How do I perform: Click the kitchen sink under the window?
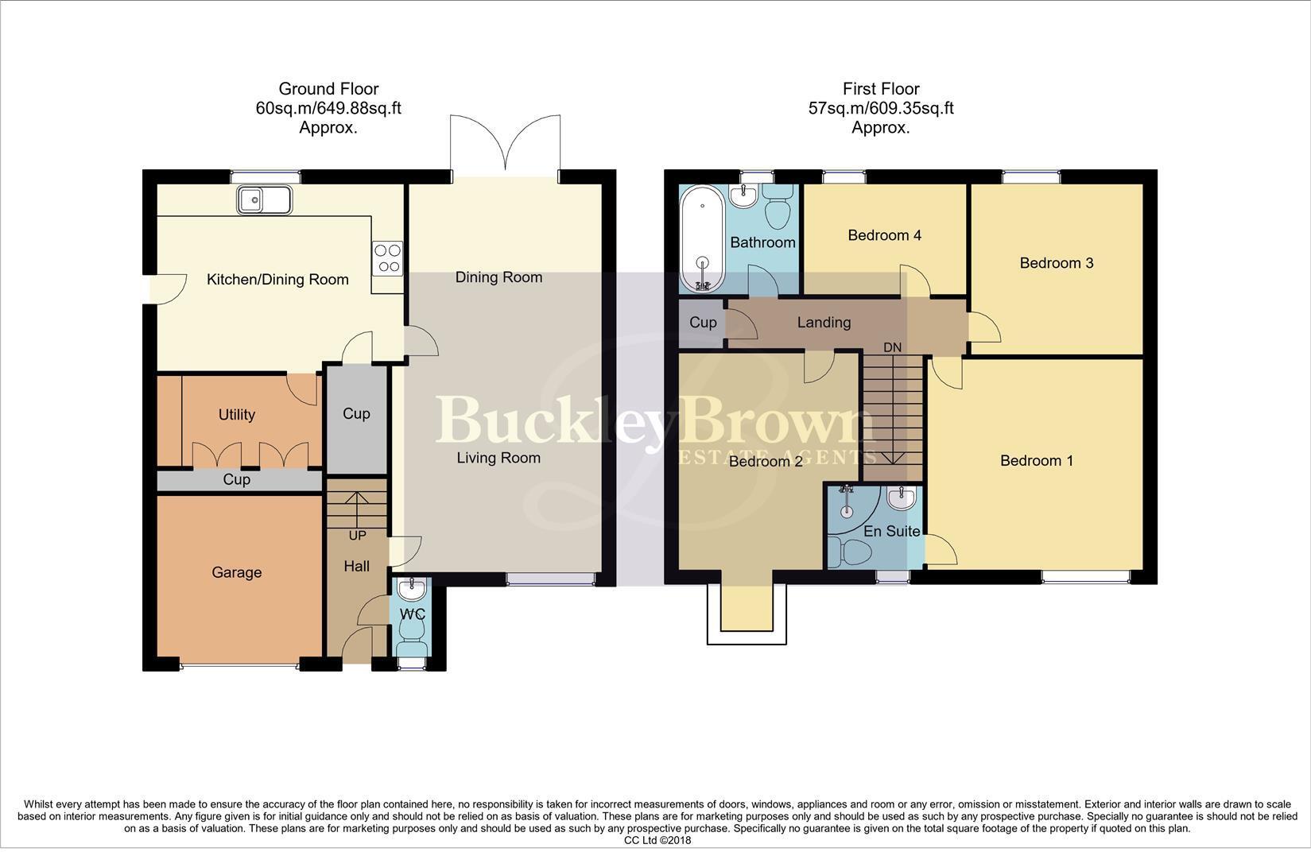(x=264, y=199)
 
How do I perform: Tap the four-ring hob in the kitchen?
(x=387, y=258)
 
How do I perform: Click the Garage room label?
(x=237, y=572)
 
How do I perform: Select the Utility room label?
(x=237, y=414)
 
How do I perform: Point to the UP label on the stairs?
(x=357, y=536)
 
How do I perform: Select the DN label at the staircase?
(x=893, y=347)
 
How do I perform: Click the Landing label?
(x=824, y=322)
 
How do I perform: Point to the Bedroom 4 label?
(x=884, y=235)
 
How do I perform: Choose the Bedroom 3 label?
(x=1057, y=263)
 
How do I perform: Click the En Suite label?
(x=891, y=531)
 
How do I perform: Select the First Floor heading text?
(x=881, y=89)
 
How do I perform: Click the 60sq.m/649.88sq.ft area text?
(x=328, y=108)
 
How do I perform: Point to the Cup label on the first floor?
(x=703, y=322)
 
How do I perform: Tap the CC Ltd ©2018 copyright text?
(x=657, y=840)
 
